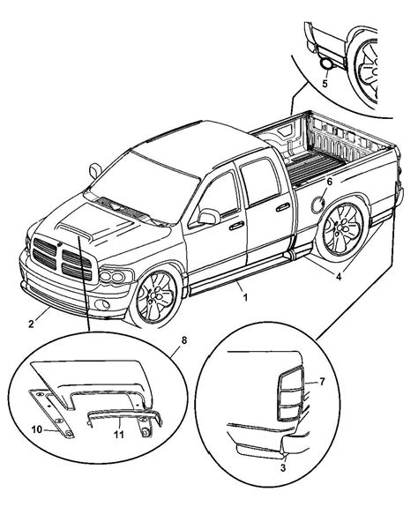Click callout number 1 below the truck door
[x=246, y=299]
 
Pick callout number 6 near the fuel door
[x=330, y=205]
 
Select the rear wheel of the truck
[x=341, y=231]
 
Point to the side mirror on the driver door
[x=208, y=216]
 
